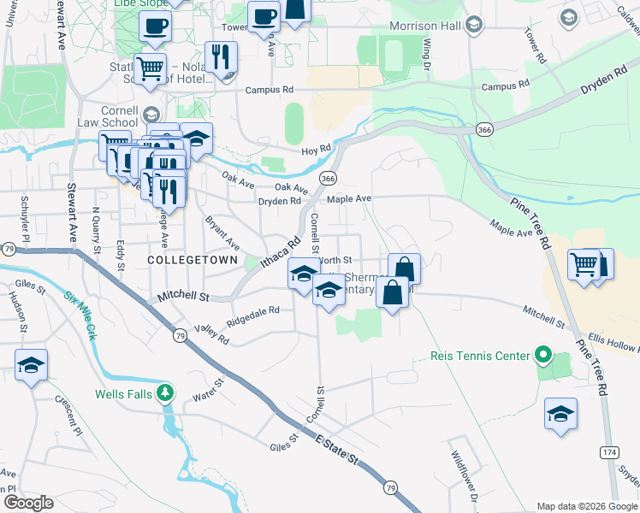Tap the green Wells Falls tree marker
166,393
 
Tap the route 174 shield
608,451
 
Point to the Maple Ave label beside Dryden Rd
349,198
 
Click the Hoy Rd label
316,150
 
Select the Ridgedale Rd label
252,316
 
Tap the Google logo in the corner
28,503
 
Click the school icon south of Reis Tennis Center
560,415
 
